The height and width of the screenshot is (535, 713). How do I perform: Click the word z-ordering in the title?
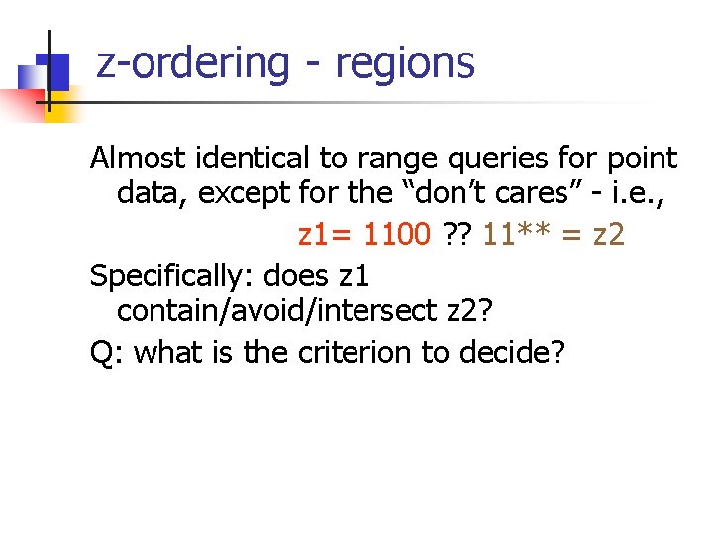click(192, 62)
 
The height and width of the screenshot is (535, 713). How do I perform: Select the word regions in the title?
click(405, 64)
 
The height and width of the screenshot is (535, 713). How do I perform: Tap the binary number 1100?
click(397, 235)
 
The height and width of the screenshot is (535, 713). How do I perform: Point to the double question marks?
click(458, 235)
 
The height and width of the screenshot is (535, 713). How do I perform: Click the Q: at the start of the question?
click(106, 353)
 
